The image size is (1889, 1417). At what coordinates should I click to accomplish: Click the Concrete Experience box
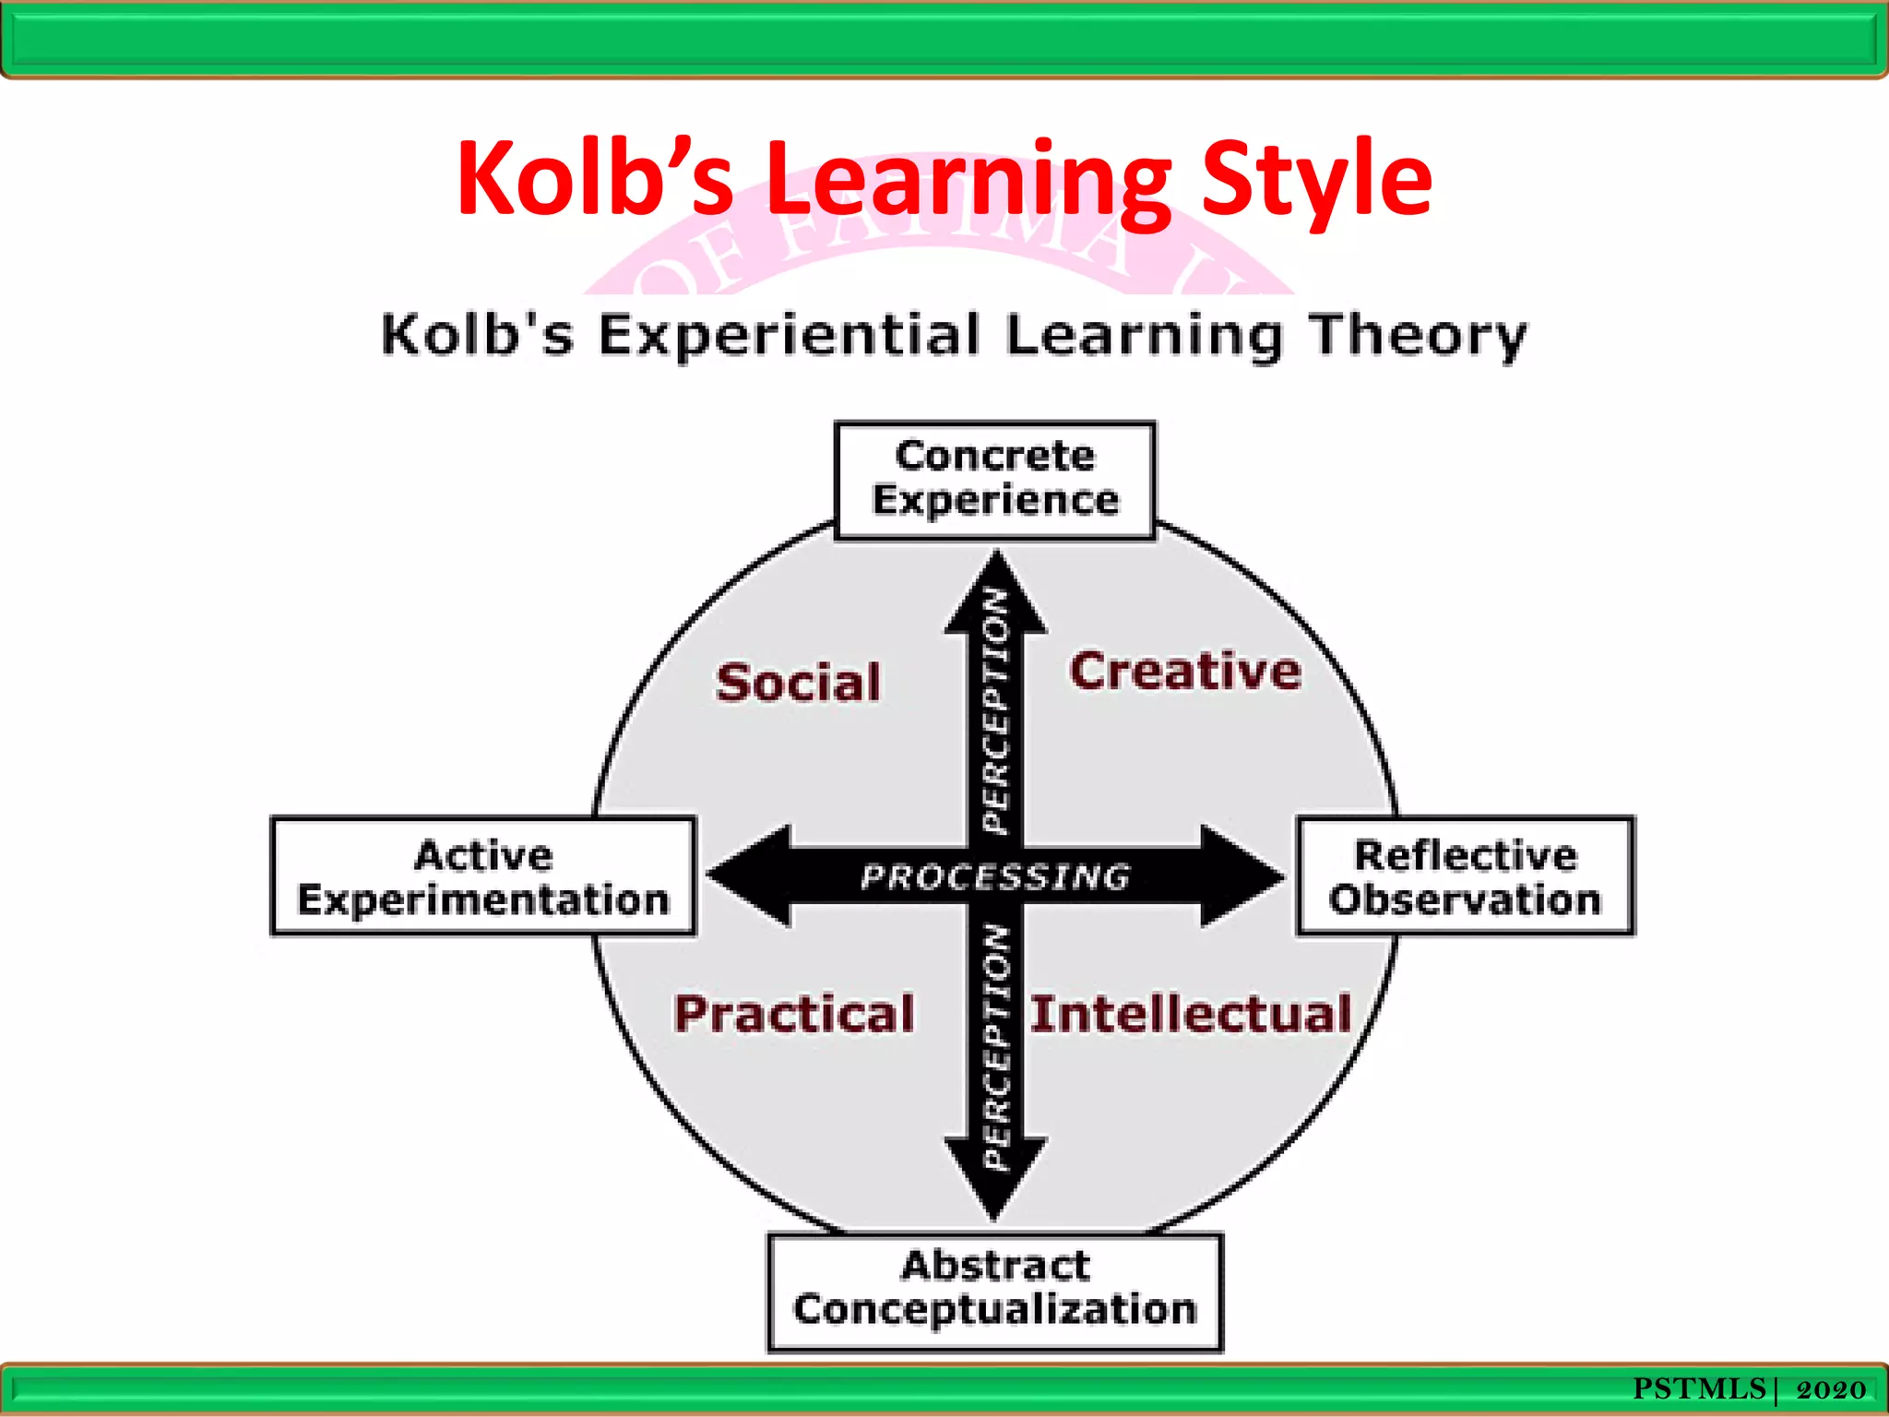(x=994, y=480)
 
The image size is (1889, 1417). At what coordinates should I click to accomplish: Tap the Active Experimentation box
(x=483, y=876)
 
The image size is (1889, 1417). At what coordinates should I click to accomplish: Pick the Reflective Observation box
(x=1465, y=876)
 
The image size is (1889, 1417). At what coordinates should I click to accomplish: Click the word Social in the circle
(x=799, y=683)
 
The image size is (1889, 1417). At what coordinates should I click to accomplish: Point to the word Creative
(x=1185, y=671)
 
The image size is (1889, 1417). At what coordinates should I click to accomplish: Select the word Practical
(x=794, y=1013)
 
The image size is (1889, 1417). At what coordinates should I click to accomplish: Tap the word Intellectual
(x=1191, y=1013)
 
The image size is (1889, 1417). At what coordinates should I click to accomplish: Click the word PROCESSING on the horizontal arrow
(x=995, y=876)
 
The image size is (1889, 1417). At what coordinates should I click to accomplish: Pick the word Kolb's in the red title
(x=595, y=180)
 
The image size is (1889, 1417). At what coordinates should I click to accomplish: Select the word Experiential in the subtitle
(x=789, y=336)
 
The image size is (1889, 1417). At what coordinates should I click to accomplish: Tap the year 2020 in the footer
(x=1831, y=1389)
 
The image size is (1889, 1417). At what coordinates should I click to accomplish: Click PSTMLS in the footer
(x=1699, y=1388)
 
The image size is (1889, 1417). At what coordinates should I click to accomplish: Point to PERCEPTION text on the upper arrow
(x=995, y=710)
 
